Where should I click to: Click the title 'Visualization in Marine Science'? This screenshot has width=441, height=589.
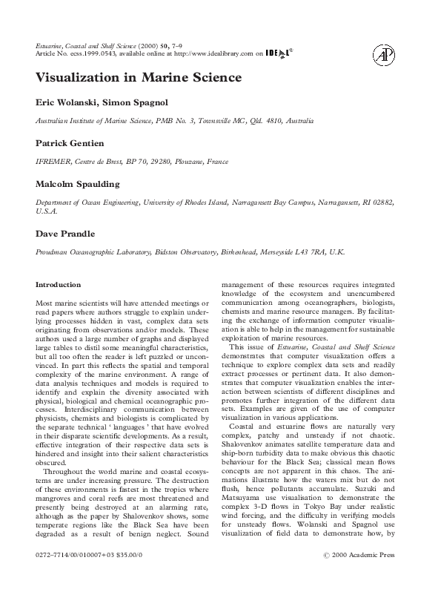[139, 77]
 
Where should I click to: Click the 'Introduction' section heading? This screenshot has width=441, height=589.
[59, 284]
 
